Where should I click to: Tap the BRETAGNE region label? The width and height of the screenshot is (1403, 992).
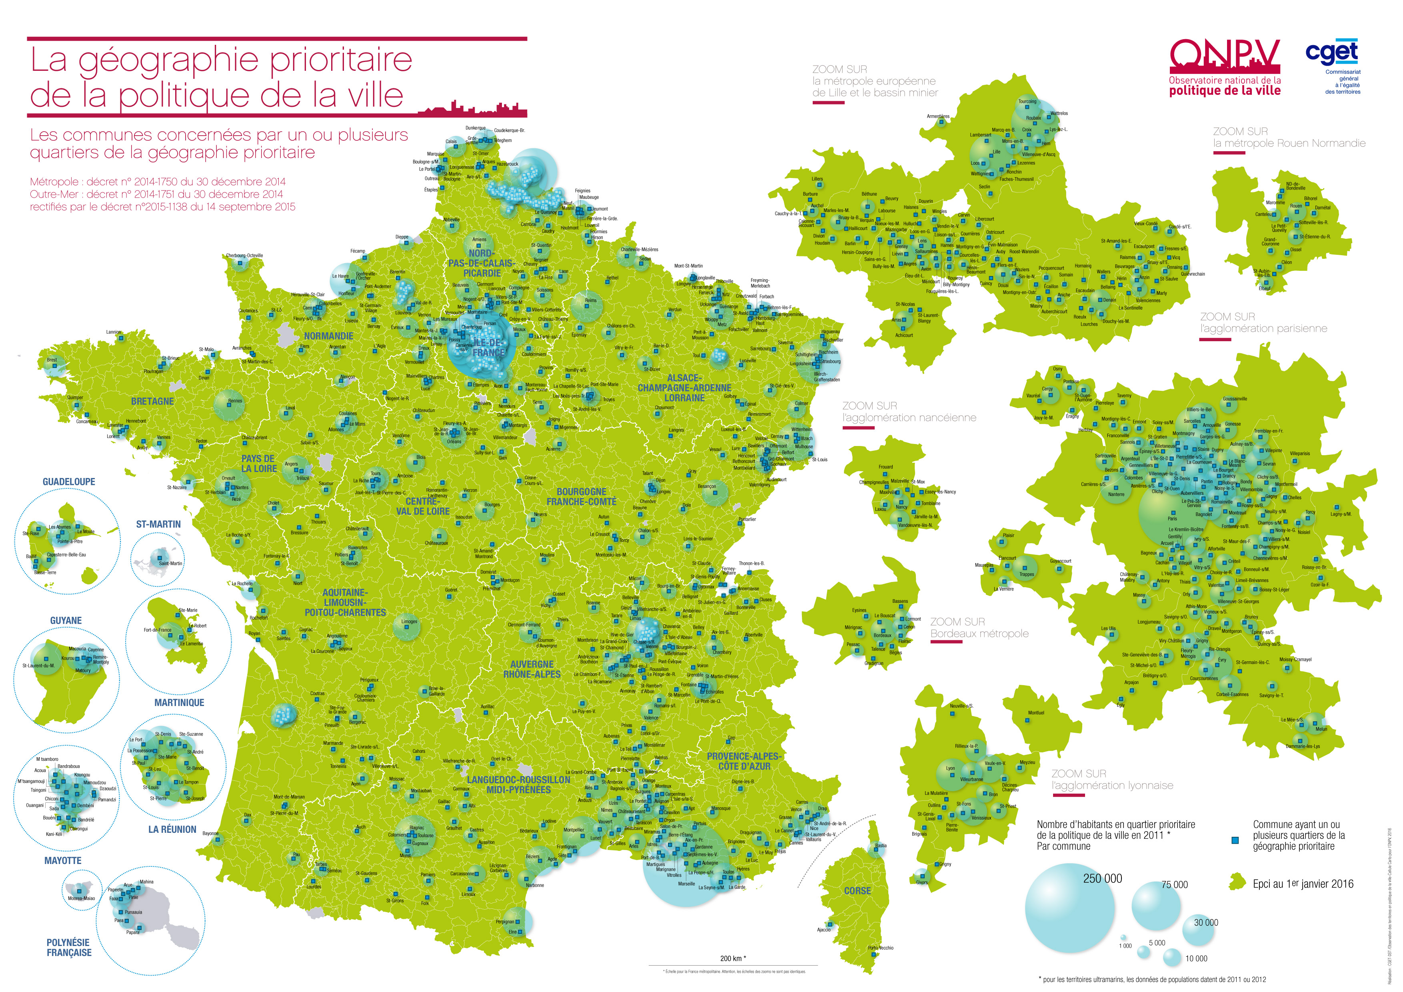[152, 402]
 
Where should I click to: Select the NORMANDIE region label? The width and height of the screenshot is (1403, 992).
[329, 336]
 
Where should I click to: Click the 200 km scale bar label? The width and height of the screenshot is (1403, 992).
[733, 958]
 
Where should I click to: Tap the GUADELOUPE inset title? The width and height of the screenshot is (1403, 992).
[69, 482]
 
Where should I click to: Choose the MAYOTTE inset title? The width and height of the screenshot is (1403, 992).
[62, 860]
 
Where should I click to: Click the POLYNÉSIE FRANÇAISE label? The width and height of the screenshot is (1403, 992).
[68, 947]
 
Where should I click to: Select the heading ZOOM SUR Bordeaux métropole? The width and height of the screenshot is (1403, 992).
[979, 628]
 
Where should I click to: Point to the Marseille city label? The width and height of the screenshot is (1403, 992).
[686, 884]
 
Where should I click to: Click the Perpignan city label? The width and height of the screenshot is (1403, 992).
[505, 922]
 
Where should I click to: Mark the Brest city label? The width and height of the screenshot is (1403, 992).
[52, 360]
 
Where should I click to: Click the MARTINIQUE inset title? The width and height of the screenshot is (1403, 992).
[179, 703]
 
